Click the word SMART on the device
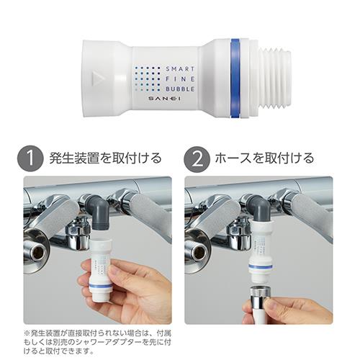(x=180, y=69)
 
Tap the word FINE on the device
(x=180, y=79)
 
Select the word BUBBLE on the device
(x=180, y=89)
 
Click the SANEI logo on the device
(x=164, y=99)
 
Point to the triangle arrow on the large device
(x=97, y=78)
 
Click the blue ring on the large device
(x=235, y=78)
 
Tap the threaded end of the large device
(x=276, y=78)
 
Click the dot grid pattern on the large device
(x=148, y=79)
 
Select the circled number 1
(x=30, y=159)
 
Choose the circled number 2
(x=197, y=159)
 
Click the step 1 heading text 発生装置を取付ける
(x=105, y=158)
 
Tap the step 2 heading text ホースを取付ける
(x=264, y=158)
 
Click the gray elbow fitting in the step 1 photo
(x=99, y=211)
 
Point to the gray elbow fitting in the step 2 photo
(x=260, y=208)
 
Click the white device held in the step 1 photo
(x=102, y=271)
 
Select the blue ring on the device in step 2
(x=261, y=266)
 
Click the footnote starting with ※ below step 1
(x=97, y=343)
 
